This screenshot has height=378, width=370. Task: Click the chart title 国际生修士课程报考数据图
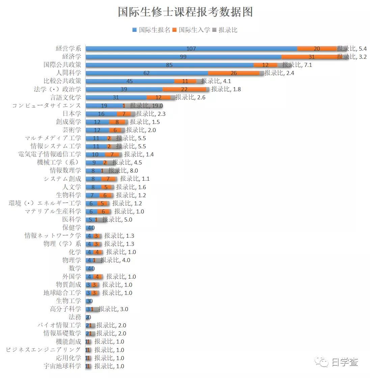click(x=185, y=12)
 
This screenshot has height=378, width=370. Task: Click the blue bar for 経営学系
click(x=191, y=49)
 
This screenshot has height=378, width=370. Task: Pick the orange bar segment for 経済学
click(x=311, y=57)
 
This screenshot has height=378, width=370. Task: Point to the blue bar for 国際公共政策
click(x=169, y=65)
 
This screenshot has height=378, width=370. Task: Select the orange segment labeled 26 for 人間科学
click(x=233, y=73)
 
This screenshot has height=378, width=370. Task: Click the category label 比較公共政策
click(x=62, y=81)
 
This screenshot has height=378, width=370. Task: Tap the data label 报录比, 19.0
click(x=147, y=106)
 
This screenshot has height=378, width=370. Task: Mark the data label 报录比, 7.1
click(x=297, y=65)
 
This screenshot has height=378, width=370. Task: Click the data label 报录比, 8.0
click(x=123, y=171)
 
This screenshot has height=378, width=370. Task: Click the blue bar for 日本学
click(x=101, y=114)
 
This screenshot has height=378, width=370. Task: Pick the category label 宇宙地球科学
click(x=62, y=366)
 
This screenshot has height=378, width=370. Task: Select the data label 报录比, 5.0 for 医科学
click(x=117, y=220)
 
